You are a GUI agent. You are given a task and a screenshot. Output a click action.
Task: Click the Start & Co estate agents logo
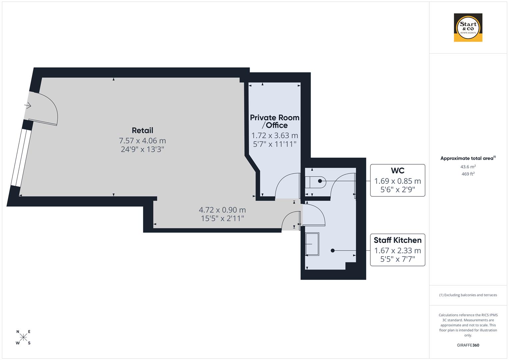(x=468, y=27)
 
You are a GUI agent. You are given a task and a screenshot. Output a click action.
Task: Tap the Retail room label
(x=142, y=130)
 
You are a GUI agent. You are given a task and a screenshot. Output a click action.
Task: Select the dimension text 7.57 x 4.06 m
(x=142, y=141)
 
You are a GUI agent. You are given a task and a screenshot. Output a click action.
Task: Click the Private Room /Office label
(x=274, y=121)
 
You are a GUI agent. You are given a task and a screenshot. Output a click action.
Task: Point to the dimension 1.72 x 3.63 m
(x=274, y=135)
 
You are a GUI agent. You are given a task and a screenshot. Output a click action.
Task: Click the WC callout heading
(x=397, y=171)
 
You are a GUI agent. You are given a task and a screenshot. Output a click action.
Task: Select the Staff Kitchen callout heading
(x=397, y=240)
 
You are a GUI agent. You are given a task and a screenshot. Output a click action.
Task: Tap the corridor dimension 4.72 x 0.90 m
(x=222, y=210)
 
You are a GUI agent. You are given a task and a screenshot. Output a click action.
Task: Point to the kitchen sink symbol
(x=312, y=244)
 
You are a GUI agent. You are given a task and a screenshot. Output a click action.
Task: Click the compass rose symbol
(x=23, y=337)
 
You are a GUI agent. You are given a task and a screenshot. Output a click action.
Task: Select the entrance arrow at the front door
(x=28, y=106)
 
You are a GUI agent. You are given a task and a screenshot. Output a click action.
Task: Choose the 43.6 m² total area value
(x=468, y=167)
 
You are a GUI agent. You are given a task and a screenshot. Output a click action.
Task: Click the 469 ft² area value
(x=468, y=174)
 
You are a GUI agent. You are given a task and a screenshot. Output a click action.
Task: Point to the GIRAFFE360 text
(x=468, y=345)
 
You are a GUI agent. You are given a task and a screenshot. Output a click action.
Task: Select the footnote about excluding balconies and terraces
(x=468, y=295)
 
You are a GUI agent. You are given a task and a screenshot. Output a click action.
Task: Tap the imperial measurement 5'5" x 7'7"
(x=397, y=259)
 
